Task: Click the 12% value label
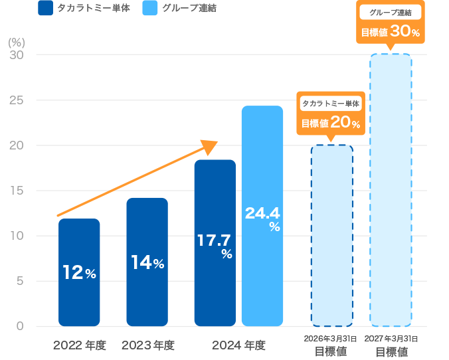pyautogui.click(x=79, y=272)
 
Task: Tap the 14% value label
pyautogui.click(x=147, y=263)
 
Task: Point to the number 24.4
pyautogui.click(x=262, y=213)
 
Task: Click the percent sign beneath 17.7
pyautogui.click(x=226, y=254)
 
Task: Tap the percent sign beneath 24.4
pyautogui.click(x=274, y=227)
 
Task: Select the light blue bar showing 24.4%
pyautogui.click(x=262, y=279)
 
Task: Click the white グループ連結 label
pyautogui.click(x=390, y=12)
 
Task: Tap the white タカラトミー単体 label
pyautogui.click(x=331, y=104)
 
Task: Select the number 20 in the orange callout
pyautogui.click(x=340, y=122)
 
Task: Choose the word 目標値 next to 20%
pyautogui.click(x=315, y=124)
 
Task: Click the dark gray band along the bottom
pyautogui.click(x=224, y=347)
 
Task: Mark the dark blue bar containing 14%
pyautogui.click(x=147, y=292)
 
